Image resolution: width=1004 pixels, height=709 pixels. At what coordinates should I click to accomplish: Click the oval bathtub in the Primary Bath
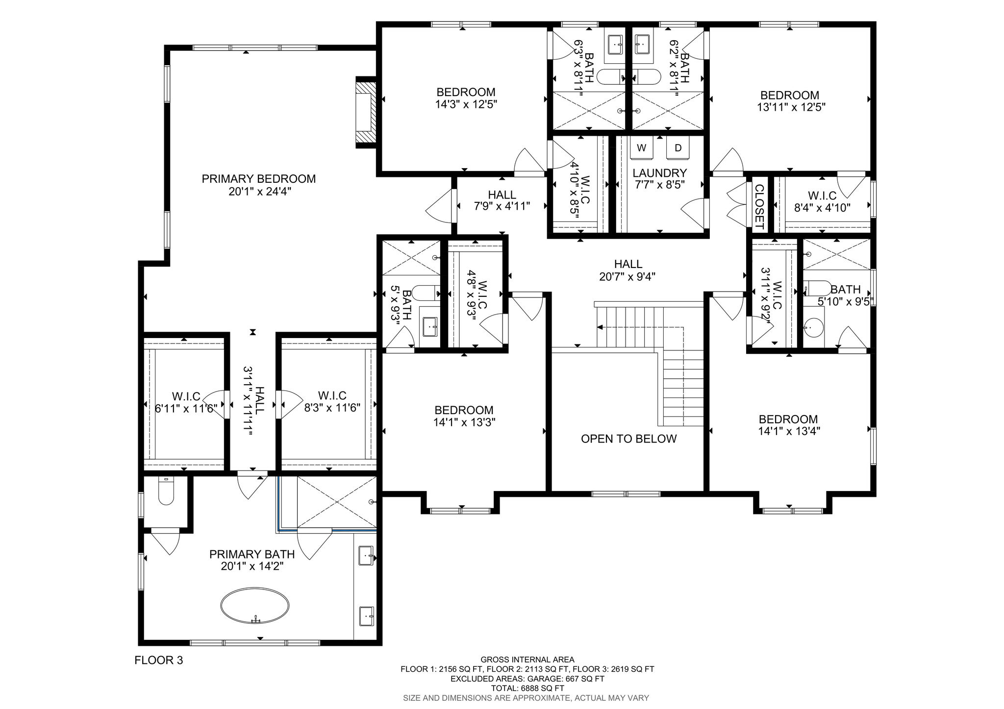[x=255, y=606]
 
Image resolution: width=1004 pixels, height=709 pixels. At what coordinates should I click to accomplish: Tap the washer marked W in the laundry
[x=642, y=147]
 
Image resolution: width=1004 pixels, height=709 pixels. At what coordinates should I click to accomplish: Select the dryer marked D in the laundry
[x=678, y=147]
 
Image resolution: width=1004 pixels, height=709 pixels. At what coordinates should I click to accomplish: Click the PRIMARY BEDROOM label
[x=259, y=179]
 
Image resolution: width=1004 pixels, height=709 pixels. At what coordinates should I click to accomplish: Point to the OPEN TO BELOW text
[x=628, y=439]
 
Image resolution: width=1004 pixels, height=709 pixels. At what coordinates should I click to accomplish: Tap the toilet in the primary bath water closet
[x=166, y=492]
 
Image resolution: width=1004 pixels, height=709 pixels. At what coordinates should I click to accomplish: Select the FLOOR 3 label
[x=158, y=660]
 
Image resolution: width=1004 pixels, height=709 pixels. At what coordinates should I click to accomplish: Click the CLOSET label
[x=759, y=207]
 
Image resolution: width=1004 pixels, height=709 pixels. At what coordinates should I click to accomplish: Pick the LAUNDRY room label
[x=659, y=173]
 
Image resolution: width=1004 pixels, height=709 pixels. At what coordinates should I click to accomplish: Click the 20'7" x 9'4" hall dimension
[x=627, y=276]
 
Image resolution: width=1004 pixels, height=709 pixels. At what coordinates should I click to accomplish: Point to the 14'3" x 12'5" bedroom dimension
[x=466, y=104]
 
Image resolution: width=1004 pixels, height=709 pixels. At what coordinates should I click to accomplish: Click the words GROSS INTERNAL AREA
[x=527, y=660]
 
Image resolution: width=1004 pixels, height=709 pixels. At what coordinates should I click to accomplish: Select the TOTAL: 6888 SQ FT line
[x=527, y=688]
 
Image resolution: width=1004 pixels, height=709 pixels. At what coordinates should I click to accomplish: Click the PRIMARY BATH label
[x=252, y=554]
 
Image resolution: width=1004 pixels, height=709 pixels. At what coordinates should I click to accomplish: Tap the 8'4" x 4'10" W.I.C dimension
[x=822, y=207]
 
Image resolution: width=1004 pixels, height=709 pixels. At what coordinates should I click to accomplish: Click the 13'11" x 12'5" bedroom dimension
[x=791, y=107]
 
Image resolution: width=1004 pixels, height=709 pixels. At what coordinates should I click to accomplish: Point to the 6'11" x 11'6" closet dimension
[x=186, y=408]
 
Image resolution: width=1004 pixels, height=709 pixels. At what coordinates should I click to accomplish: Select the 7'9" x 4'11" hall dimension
[x=502, y=206]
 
